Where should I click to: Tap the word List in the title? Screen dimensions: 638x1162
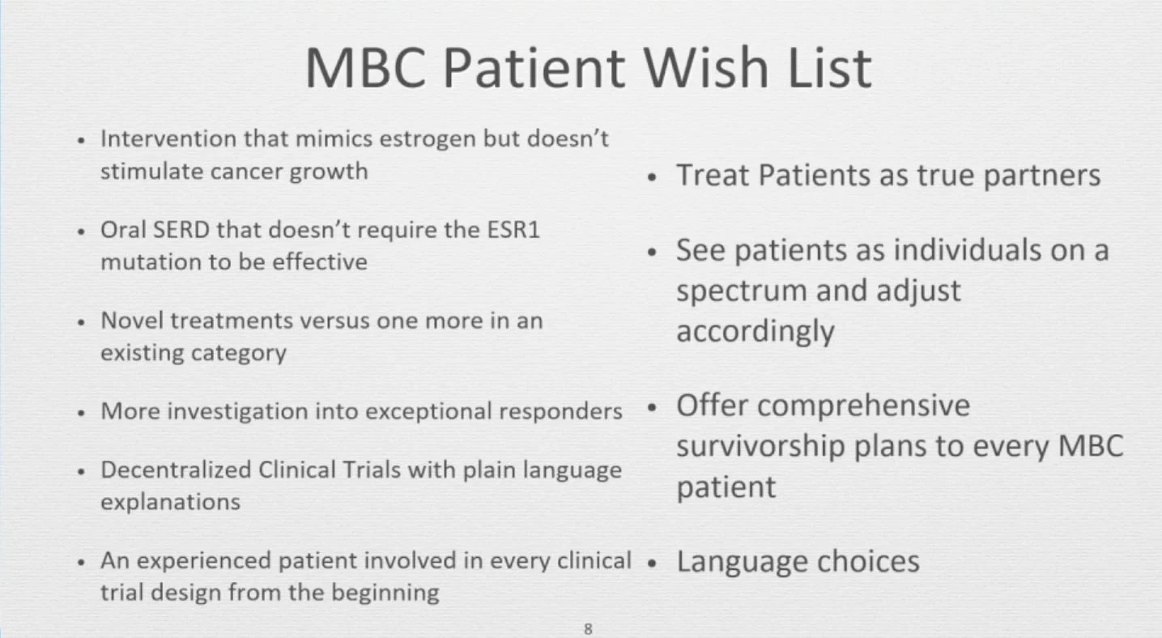pyautogui.click(x=827, y=68)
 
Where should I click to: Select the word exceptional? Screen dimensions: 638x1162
pyautogui.click(x=428, y=412)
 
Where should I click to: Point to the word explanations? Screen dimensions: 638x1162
pyautogui.click(x=170, y=502)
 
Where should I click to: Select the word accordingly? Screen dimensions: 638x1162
pyautogui.click(x=756, y=332)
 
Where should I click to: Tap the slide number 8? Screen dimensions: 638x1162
pyautogui.click(x=588, y=628)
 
